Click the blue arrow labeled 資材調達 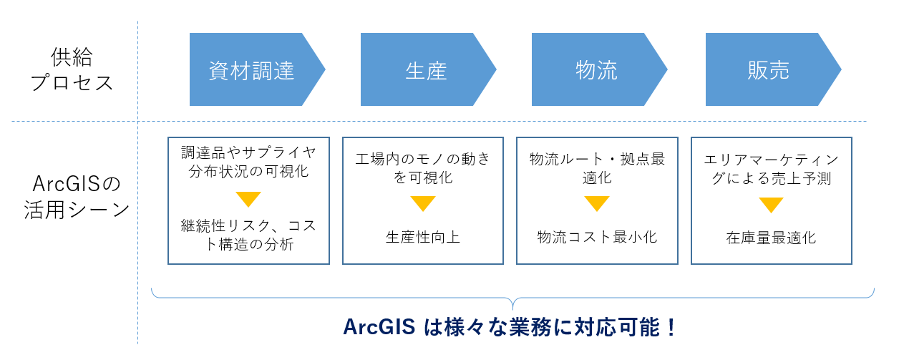click(x=252, y=69)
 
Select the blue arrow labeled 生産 click(x=426, y=69)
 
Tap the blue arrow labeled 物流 click(x=596, y=69)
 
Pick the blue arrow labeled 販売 click(x=769, y=69)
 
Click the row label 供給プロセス click(x=72, y=69)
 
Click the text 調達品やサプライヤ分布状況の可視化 click(x=248, y=163)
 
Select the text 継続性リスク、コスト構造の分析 click(x=248, y=235)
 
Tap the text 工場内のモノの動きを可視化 click(x=423, y=168)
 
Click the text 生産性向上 click(x=423, y=237)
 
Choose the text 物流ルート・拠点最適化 click(x=597, y=168)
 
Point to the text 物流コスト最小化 click(x=597, y=237)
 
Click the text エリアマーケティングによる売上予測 click(x=771, y=168)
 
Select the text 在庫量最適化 click(x=771, y=237)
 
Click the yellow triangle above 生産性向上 click(x=423, y=204)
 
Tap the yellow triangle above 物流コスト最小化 click(x=597, y=204)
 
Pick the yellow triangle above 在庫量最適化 click(x=771, y=205)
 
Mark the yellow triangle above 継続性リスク click(x=248, y=199)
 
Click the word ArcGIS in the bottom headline click(x=379, y=327)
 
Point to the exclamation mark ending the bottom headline click(x=671, y=327)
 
